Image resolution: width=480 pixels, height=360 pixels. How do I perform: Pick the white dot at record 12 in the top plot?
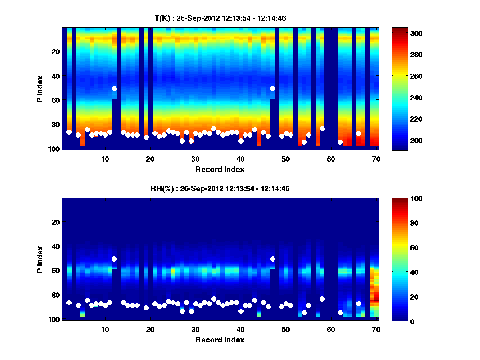click(x=114, y=88)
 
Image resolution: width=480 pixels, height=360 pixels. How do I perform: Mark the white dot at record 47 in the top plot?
click(x=272, y=88)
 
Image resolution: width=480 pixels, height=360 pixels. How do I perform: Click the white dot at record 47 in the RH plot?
click(x=272, y=259)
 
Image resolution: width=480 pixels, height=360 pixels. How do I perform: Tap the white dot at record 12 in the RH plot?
click(x=114, y=259)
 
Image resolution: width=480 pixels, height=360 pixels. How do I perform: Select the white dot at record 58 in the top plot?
click(x=322, y=128)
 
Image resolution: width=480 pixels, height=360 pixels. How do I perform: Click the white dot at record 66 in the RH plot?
click(x=358, y=304)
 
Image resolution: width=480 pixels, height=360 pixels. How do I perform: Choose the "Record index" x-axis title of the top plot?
click(x=220, y=169)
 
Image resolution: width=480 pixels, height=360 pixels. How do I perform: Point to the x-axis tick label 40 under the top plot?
click(x=240, y=159)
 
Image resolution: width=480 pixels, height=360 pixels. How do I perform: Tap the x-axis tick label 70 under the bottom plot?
click(x=376, y=329)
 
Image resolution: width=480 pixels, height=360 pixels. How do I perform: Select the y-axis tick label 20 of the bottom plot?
click(x=56, y=222)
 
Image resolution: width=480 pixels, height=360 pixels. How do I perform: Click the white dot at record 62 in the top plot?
click(x=340, y=142)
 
